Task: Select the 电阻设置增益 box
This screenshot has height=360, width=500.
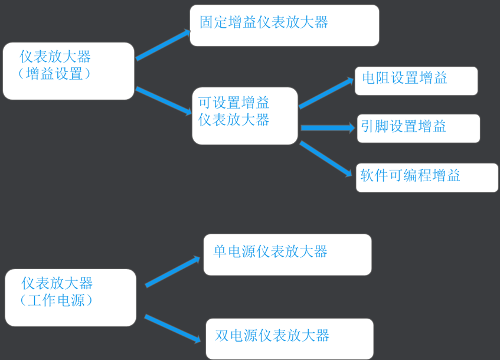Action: click(x=416, y=81)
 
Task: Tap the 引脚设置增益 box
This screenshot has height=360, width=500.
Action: click(x=418, y=128)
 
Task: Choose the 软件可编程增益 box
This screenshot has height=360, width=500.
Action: click(x=427, y=177)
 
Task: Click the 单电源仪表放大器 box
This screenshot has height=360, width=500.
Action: click(x=287, y=254)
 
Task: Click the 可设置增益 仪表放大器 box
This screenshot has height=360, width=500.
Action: click(x=244, y=116)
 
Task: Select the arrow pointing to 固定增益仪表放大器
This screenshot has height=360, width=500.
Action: click(x=163, y=44)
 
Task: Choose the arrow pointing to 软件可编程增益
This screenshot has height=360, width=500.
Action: click(x=326, y=158)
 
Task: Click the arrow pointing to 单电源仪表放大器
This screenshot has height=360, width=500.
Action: click(x=172, y=271)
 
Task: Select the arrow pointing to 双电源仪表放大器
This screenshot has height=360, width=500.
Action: click(x=172, y=328)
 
